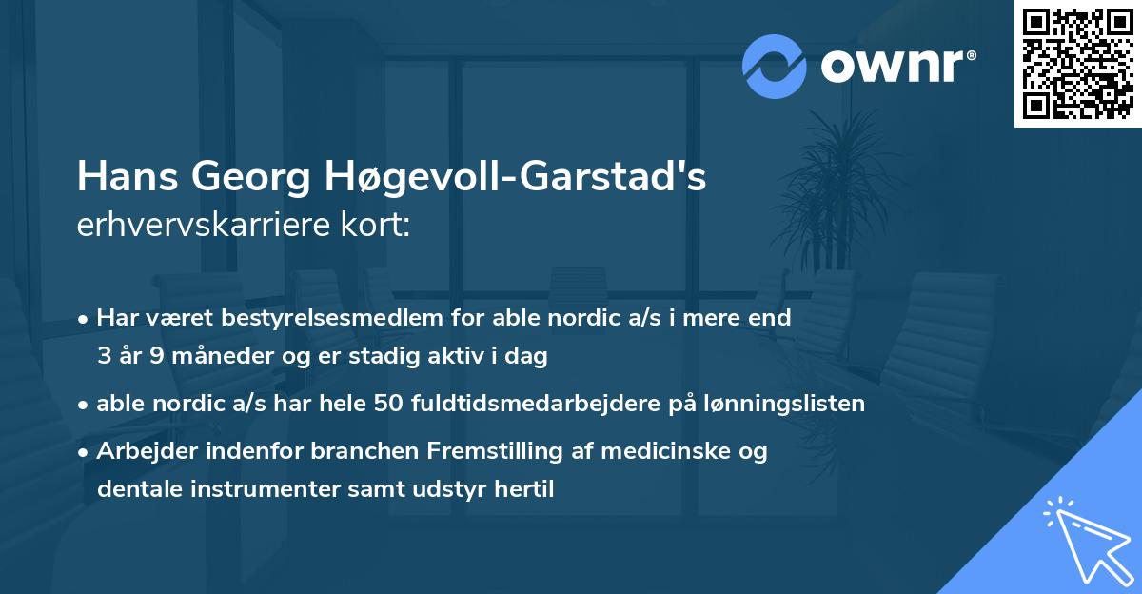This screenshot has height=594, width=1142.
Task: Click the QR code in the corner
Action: pos(1078,63)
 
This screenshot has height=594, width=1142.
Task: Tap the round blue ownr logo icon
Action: pos(775,65)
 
